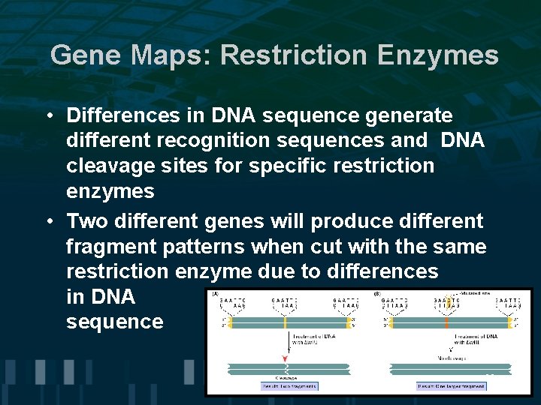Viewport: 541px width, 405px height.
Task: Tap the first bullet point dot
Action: tap(47, 117)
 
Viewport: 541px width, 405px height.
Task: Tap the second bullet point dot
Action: tap(47, 222)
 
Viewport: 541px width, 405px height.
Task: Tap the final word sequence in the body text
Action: tap(114, 322)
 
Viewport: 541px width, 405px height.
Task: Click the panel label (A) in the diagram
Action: tap(216, 294)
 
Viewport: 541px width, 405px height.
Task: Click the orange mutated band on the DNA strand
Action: tap(446, 322)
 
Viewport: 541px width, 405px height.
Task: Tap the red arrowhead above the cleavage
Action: tap(286, 357)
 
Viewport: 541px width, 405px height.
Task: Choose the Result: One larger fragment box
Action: tap(451, 386)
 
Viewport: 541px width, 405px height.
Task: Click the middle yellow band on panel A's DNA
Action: tap(286, 322)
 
